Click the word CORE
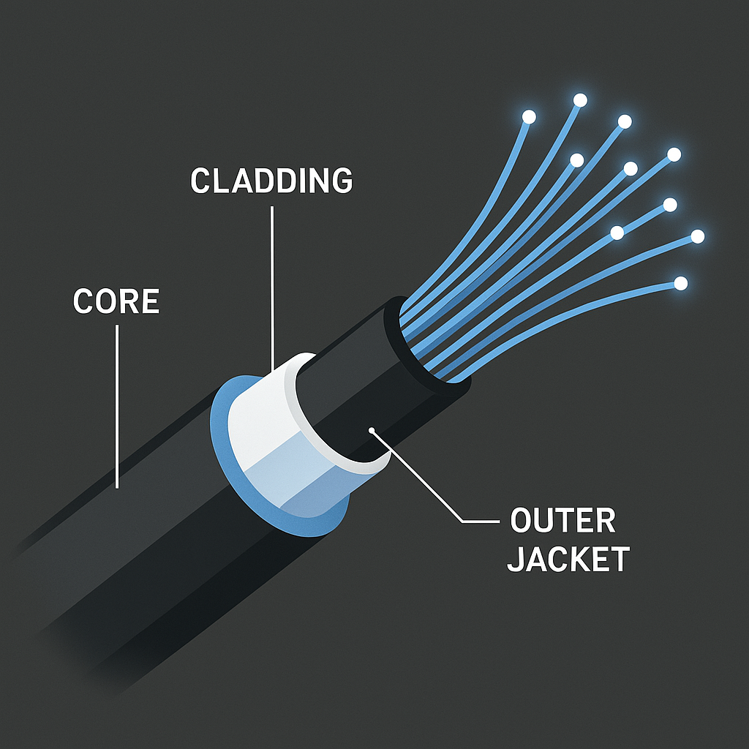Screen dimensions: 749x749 [116, 302]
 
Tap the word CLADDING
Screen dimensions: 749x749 [271, 181]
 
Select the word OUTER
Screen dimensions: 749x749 [562, 522]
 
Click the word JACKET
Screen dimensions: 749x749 [568, 560]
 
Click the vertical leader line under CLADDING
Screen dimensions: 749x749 [271, 285]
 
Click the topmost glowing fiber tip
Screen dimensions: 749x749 [580, 99]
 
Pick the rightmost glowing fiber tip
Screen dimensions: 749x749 [697, 236]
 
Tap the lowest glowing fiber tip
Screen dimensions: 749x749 [681, 282]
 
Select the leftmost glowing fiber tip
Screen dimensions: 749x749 [529, 117]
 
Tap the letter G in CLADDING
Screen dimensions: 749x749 [339, 181]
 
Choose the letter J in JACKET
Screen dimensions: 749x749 [516, 560]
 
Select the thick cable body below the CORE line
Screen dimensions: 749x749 [132, 556]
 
